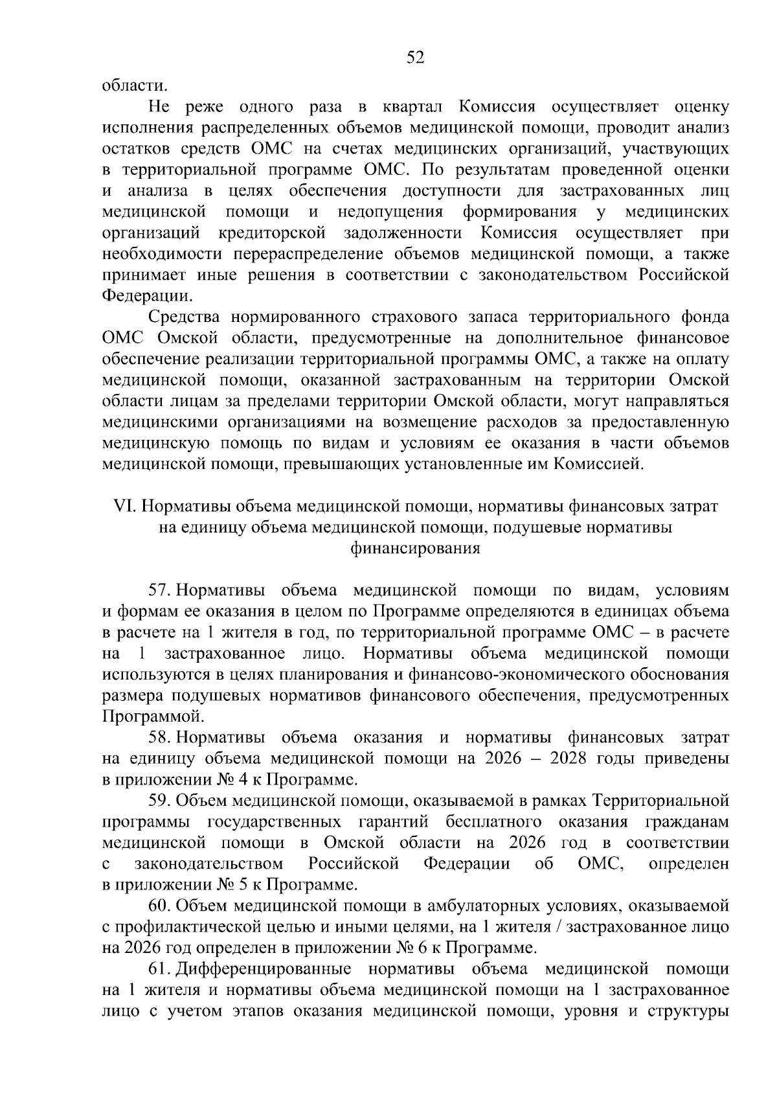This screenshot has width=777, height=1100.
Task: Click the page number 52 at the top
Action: click(x=414, y=58)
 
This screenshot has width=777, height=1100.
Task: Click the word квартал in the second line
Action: click(x=410, y=107)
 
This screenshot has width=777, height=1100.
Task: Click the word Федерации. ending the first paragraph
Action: click(x=148, y=296)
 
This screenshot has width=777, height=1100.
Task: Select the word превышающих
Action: click(x=343, y=464)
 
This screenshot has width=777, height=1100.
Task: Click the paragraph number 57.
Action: click(x=159, y=591)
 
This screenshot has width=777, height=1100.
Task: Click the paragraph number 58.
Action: click(x=159, y=738)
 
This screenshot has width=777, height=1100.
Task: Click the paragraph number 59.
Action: click(x=159, y=801)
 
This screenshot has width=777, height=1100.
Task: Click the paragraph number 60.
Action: click(x=159, y=906)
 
